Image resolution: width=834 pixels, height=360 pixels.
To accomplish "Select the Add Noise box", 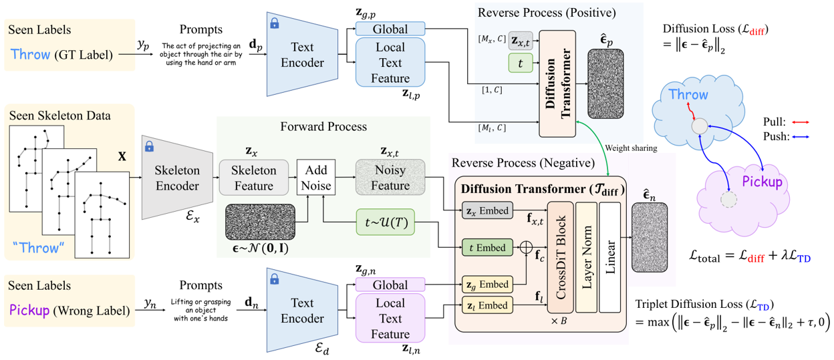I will coord(316,177).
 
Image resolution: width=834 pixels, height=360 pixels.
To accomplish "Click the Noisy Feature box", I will coord(390,177).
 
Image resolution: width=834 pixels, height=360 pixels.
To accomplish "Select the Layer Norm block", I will coord(586,256).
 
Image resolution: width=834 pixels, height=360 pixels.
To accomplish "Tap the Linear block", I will coord(610,256).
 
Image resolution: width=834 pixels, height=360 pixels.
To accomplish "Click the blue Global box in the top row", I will coord(390,29).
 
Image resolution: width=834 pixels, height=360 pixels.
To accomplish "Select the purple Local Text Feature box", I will coord(390,319).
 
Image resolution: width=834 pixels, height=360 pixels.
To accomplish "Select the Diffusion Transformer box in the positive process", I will coord(557,86).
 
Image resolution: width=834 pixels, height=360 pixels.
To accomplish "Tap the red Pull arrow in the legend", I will coord(800,123).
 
